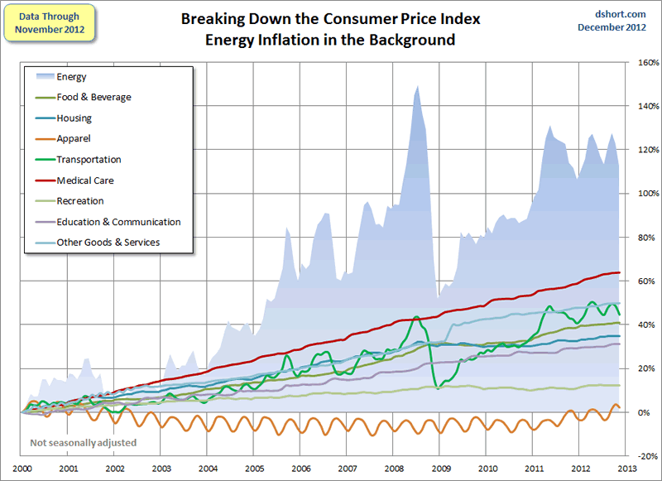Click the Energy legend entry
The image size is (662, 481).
tap(71, 77)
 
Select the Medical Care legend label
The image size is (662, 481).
tap(85, 180)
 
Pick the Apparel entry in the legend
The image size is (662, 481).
tap(74, 139)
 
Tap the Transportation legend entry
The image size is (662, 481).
tap(89, 160)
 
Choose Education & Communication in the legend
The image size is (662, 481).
tap(118, 222)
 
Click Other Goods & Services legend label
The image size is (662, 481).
tap(108, 243)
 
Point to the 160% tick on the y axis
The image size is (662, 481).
tap(647, 63)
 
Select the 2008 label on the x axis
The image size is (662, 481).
tap(395, 468)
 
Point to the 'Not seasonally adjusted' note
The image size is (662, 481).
tap(83, 443)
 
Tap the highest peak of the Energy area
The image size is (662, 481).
tap(416, 86)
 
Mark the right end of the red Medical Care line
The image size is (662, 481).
tap(620, 272)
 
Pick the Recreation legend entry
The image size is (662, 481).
tap(80, 201)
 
